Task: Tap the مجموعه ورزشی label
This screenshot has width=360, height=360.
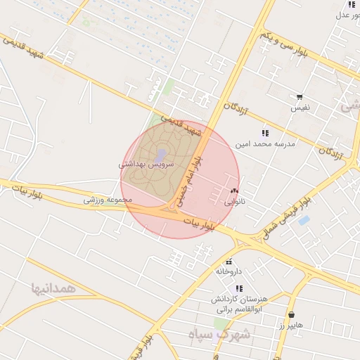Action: pos(108,200)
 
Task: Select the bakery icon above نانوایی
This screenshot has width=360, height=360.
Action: pos(234,191)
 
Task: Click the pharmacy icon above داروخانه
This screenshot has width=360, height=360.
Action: pos(229,262)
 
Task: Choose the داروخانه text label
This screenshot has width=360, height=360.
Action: pos(229,271)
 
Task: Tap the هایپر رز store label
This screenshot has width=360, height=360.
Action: pos(290,326)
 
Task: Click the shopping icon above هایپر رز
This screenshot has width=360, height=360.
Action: pos(291,314)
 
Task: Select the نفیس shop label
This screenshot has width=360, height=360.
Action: pos(301,108)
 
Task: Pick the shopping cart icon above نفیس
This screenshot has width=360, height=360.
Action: pos(300,98)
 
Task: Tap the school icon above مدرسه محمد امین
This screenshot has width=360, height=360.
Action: pos(265,132)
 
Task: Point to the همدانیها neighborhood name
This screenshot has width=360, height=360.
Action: pos(52,288)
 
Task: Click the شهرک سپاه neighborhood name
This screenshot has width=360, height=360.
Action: pos(218,334)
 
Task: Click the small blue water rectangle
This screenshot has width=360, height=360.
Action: pos(304,220)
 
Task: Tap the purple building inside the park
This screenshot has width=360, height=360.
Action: pos(161,153)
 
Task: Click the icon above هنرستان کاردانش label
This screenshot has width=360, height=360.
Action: pos(240,288)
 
